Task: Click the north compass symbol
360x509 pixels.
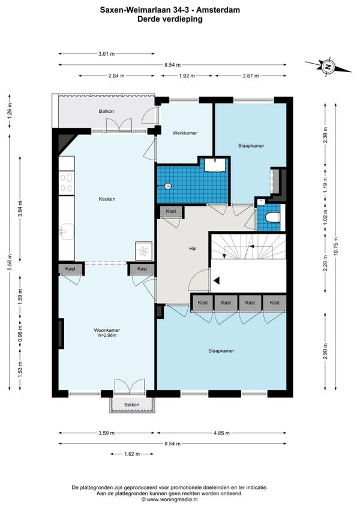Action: pyautogui.click(x=328, y=67)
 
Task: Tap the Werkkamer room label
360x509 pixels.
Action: pyautogui.click(x=185, y=133)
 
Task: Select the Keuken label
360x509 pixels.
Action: pyautogui.click(x=107, y=199)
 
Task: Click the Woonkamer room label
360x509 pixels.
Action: pyautogui.click(x=107, y=330)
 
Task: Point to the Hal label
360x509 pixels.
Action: pyautogui.click(x=193, y=248)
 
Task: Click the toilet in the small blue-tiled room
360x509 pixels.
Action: pyautogui.click(x=272, y=217)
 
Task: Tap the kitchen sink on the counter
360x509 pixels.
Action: pyautogui.click(x=67, y=232)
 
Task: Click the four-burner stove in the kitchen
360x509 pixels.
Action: pyautogui.click(x=67, y=183)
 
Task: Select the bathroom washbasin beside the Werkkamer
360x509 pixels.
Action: pyautogui.click(x=214, y=165)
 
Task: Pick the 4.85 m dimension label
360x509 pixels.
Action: pyautogui.click(x=222, y=433)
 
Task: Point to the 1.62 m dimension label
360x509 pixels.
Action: pyautogui.click(x=132, y=454)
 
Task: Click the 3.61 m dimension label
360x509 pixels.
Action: pyautogui.click(x=107, y=54)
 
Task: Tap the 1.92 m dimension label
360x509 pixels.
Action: pyautogui.click(x=187, y=76)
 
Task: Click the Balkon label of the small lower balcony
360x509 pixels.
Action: pyautogui.click(x=132, y=405)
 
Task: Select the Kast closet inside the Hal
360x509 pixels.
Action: pyautogui.click(x=171, y=211)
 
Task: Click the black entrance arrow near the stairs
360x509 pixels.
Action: pyautogui.click(x=217, y=280)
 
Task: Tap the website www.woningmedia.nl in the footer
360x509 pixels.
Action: pyautogui.click(x=172, y=500)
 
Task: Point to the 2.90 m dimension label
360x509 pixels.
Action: pyautogui.click(x=325, y=351)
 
